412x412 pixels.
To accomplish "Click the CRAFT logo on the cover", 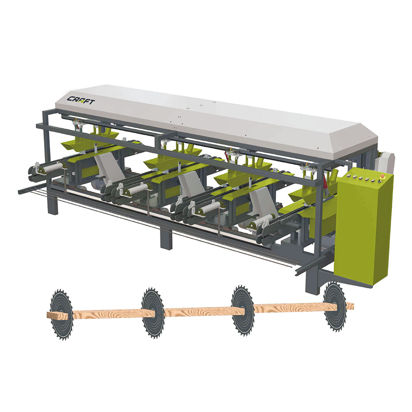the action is [81, 100].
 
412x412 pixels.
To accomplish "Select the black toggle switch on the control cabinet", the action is [379, 181].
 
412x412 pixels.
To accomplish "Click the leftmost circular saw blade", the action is [61, 314].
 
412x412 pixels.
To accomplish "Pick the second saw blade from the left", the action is [153, 312].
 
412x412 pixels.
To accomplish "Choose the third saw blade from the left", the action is [243, 309].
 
